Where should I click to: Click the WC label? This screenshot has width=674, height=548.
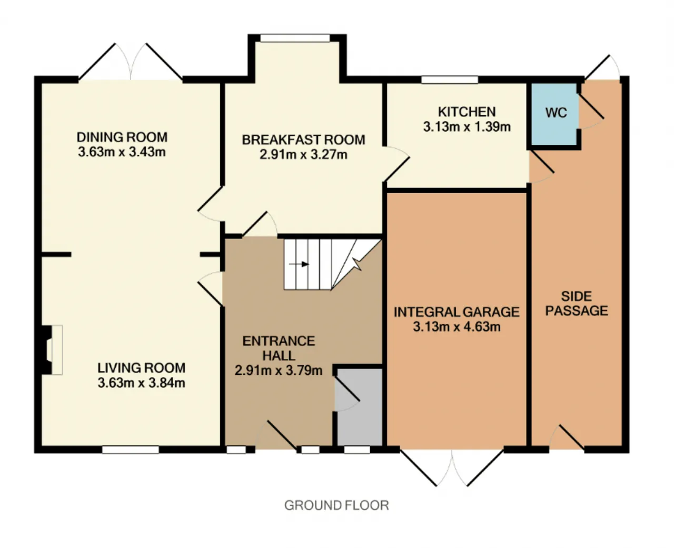[556, 113]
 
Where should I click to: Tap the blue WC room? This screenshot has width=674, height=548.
[554, 114]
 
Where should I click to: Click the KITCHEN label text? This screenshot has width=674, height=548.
[467, 112]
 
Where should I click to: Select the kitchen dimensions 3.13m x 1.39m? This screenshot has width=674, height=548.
[467, 127]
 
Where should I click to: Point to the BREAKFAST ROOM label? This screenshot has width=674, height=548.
[303, 140]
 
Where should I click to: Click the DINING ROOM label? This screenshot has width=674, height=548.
[122, 137]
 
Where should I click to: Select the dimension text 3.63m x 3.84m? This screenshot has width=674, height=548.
[141, 383]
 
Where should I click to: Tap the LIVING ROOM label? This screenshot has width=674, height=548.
[141, 368]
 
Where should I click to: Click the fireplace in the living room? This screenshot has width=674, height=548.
[52, 350]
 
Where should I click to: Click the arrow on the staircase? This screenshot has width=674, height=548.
[299, 264]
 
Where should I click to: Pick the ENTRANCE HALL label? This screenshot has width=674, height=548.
[279, 348]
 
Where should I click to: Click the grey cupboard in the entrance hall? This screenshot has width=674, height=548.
[359, 407]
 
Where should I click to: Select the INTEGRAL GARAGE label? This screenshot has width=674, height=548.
[457, 312]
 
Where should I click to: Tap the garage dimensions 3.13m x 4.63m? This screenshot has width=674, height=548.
[457, 326]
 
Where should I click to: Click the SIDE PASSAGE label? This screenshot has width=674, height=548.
[577, 303]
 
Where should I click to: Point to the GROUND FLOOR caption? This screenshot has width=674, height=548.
[336, 505]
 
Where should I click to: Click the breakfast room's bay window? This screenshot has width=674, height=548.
[295, 38]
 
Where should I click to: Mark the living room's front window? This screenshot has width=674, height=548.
[131, 450]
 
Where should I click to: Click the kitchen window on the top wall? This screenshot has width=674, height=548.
[449, 79]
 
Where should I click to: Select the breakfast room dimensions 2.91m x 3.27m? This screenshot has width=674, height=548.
[303, 155]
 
